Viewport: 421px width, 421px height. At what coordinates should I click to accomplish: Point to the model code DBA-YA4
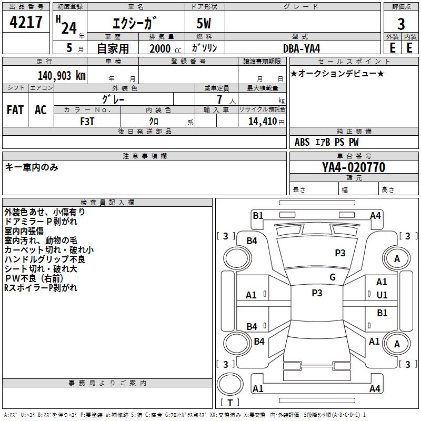tap(302, 48)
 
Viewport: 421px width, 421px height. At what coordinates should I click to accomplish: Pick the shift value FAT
tap(15, 110)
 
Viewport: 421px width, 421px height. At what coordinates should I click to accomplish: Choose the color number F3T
tap(88, 121)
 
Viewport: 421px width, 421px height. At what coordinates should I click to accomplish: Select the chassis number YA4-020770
tap(354, 168)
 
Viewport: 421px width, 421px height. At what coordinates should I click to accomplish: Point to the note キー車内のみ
tap(32, 167)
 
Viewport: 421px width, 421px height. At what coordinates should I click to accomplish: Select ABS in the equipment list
tap(302, 142)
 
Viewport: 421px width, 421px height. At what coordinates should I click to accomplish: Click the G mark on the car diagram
tap(332, 277)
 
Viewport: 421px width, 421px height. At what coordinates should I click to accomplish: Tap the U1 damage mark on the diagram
tap(382, 295)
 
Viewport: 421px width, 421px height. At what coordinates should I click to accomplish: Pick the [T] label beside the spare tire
tap(229, 403)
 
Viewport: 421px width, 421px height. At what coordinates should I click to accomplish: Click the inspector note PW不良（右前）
tap(34, 278)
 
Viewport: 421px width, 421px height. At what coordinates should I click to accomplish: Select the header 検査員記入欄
tap(107, 202)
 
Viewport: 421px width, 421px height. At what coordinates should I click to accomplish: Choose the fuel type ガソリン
tap(205, 48)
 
